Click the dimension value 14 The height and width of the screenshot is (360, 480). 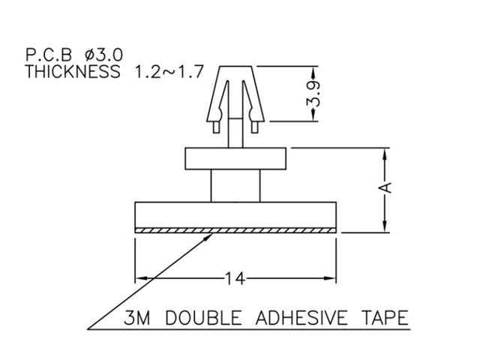click(235, 279)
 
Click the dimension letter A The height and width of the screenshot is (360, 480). click(385, 187)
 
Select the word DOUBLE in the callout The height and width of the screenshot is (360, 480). click(197, 319)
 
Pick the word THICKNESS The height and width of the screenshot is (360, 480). click(72, 72)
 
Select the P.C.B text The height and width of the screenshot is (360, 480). click(50, 55)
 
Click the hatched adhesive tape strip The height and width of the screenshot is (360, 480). click(235, 230)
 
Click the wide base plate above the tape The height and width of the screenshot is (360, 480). click(235, 215)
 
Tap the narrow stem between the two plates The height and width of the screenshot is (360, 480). click(235, 186)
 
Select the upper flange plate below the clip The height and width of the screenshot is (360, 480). click(235, 159)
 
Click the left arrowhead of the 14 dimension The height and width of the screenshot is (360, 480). click(139, 279)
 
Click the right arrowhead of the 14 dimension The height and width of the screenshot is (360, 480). click(331, 279)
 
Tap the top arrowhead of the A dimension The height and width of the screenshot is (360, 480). click(385, 153)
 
